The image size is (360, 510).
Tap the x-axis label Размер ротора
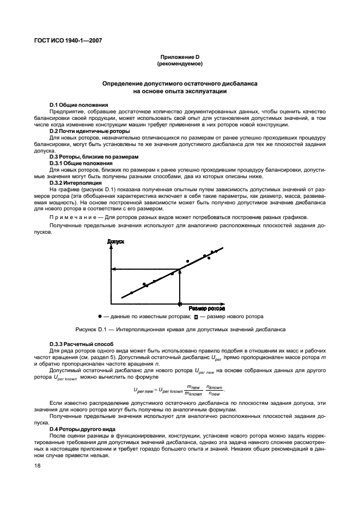click(206, 308)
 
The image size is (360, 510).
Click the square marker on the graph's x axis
click(180, 303)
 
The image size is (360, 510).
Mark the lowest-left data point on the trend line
click(131, 293)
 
